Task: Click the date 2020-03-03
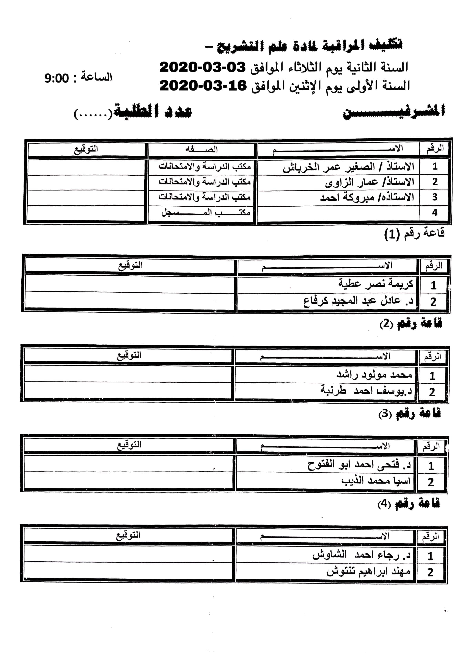(203, 67)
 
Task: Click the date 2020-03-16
(203, 85)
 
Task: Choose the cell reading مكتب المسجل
(206, 213)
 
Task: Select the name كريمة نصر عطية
(376, 283)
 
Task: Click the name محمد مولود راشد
(374, 374)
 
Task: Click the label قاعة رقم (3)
(409, 413)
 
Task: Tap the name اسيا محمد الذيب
(376, 481)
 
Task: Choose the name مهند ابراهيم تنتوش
(368, 571)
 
